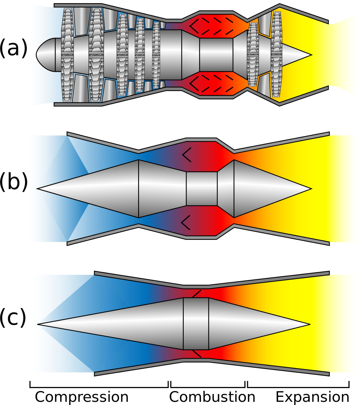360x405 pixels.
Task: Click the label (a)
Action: (x=13, y=48)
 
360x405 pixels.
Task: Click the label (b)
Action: (x=13, y=183)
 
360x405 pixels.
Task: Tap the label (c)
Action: (x=13, y=317)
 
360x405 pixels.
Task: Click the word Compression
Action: (x=82, y=397)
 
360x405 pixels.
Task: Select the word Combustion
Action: (x=212, y=397)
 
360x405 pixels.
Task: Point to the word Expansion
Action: (x=312, y=397)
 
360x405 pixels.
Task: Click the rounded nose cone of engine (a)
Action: (x=44, y=54)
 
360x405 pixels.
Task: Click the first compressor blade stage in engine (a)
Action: (x=67, y=55)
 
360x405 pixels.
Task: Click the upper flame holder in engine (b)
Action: (x=187, y=155)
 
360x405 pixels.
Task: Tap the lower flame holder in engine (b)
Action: (x=186, y=222)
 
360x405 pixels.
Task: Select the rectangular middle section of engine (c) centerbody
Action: (x=196, y=324)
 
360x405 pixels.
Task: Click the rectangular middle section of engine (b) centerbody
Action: (x=201, y=189)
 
